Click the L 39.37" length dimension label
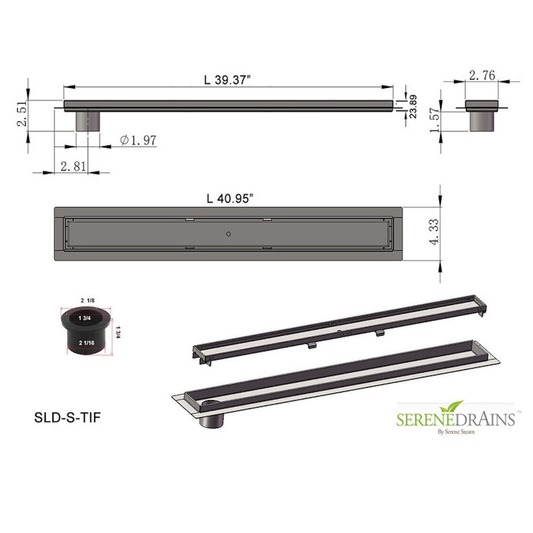click(227, 80)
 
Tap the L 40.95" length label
click(230, 199)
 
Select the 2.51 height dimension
click(22, 113)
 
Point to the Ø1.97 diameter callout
click(138, 140)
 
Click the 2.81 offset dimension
click(73, 167)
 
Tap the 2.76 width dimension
click(482, 75)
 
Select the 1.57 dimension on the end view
click(435, 120)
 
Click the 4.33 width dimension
click(434, 232)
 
